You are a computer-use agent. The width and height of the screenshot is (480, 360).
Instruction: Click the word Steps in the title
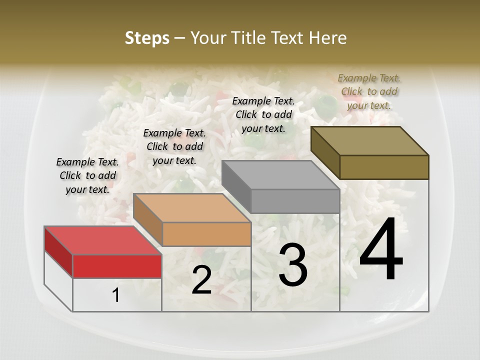pyautogui.click(x=146, y=38)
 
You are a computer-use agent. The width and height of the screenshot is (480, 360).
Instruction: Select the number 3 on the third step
pyautogui.click(x=292, y=265)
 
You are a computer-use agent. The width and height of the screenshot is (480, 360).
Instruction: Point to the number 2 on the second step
pyautogui.click(x=201, y=280)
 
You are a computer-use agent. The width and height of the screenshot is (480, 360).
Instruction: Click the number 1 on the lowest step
pyautogui.click(x=116, y=295)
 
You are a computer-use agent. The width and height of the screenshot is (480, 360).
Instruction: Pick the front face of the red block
pyautogui.click(x=117, y=266)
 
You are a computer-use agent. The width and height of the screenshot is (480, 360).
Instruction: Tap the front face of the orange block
pyautogui.click(x=206, y=234)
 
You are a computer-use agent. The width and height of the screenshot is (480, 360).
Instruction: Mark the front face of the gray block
pyautogui.click(x=295, y=201)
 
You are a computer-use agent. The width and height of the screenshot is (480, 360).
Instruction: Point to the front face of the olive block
pyautogui.click(x=384, y=167)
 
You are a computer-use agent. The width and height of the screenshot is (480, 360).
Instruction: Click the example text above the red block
pyautogui.click(x=87, y=175)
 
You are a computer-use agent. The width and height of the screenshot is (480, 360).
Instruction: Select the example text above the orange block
pyautogui.click(x=174, y=146)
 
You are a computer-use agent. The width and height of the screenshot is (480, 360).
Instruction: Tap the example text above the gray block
pyautogui.click(x=263, y=114)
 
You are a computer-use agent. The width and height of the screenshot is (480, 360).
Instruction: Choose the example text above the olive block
pyautogui.click(x=369, y=91)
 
